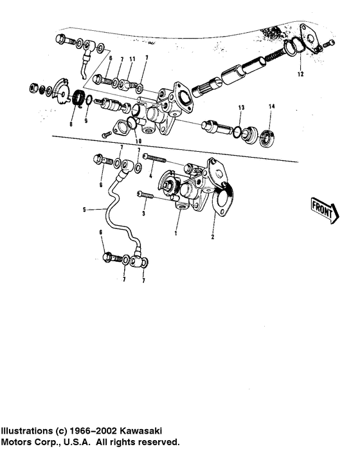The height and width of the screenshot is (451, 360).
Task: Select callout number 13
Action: [241, 107]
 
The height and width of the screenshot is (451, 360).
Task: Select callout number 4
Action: [150, 175]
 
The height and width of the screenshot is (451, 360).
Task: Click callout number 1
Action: [174, 234]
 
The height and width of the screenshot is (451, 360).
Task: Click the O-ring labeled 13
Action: [239, 132]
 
